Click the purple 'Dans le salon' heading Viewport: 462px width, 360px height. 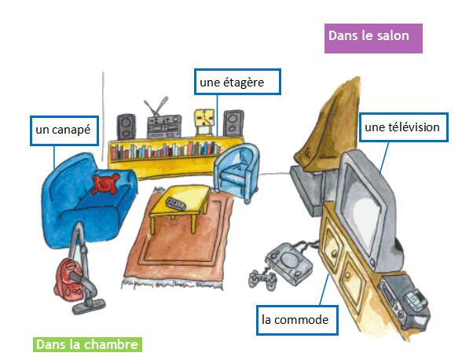[x=373, y=39]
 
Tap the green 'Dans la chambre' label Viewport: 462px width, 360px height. [x=87, y=344]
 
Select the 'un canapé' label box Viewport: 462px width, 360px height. [x=64, y=130]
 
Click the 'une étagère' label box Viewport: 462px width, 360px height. [x=237, y=82]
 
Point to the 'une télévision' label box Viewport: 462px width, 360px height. [x=403, y=127]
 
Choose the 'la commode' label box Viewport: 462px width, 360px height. [x=297, y=320]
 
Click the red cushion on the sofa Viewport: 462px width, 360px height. [x=105, y=183]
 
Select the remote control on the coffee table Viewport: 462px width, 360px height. [x=176, y=204]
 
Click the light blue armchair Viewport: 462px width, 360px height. [x=237, y=172]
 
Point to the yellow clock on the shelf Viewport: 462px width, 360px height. [x=204, y=122]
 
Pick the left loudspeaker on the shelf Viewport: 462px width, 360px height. [x=126, y=127]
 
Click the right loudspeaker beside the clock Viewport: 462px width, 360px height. [x=233, y=123]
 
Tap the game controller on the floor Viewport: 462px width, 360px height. [x=262, y=278]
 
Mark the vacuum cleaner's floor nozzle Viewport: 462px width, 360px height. [x=89, y=306]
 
